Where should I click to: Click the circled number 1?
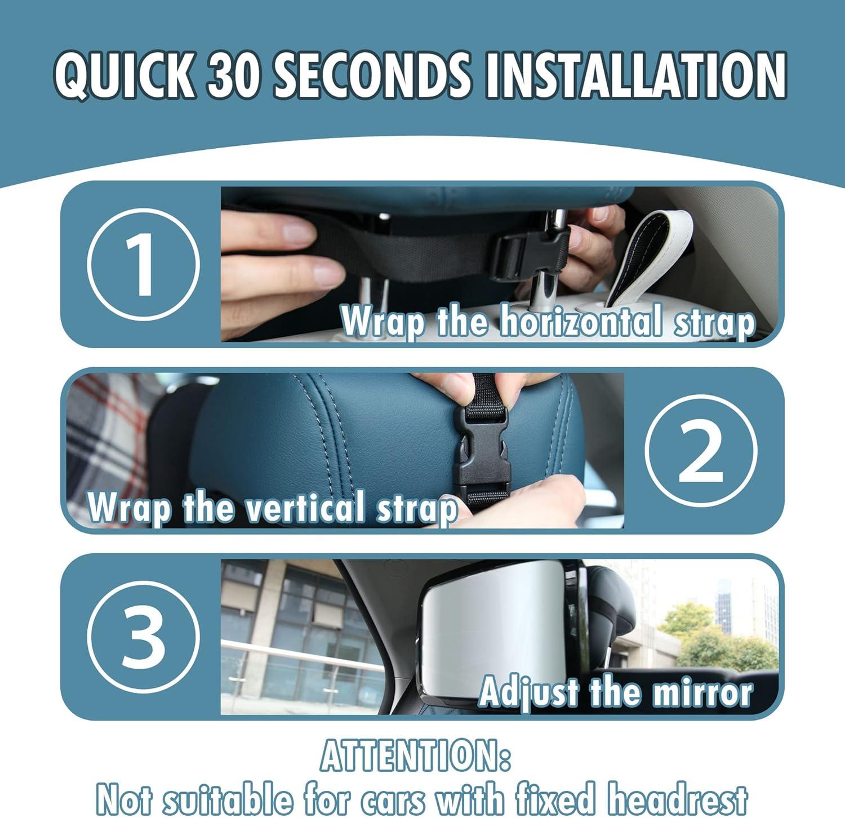(x=144, y=264)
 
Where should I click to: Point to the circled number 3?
(x=144, y=637)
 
